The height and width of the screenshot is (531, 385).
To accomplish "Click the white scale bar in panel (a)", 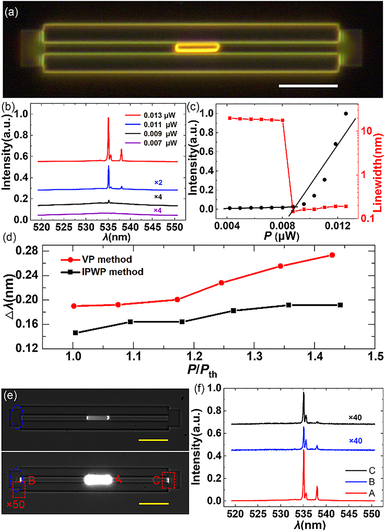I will (x=308, y=85).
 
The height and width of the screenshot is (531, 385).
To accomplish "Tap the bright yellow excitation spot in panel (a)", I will (x=197, y=48).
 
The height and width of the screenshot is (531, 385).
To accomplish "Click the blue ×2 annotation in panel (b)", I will (x=158, y=183).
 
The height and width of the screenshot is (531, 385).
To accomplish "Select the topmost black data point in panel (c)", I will (x=346, y=114).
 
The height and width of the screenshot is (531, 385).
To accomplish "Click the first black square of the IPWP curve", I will (x=75, y=333).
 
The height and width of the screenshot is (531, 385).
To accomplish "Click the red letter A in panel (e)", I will (x=118, y=480).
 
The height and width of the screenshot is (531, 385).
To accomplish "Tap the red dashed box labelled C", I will (x=169, y=480).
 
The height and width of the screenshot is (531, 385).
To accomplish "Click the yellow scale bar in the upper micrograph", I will (x=154, y=440).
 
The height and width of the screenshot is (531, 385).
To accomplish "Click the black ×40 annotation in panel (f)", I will (x=355, y=417).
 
